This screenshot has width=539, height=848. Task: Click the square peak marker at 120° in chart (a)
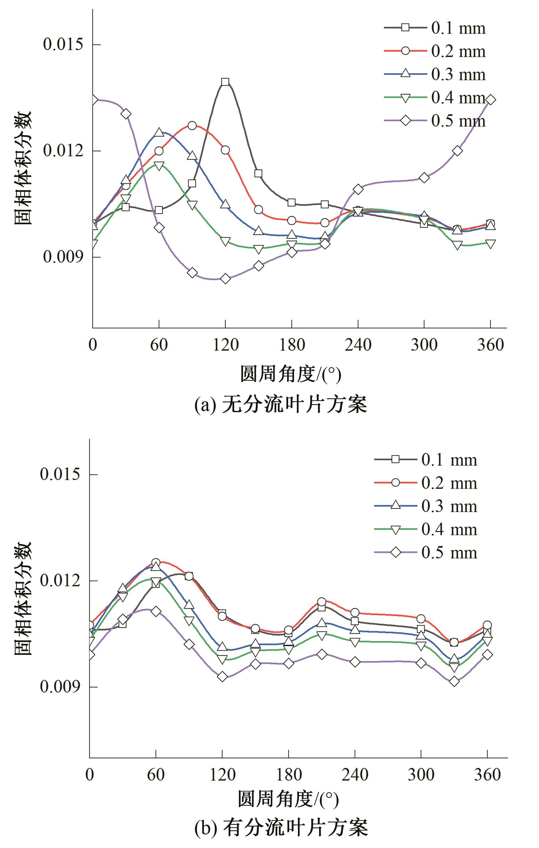[225, 82]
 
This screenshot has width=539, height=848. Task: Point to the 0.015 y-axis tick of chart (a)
[63, 45]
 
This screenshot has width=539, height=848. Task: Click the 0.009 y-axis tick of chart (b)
[60, 687]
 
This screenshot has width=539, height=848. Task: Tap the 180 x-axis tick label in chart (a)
[292, 345]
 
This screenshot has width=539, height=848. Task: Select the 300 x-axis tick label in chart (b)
[421, 774]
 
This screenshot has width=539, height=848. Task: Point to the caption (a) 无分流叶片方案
[280, 404]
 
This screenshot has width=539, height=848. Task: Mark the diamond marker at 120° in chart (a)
[225, 279]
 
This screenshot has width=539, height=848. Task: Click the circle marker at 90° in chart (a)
[192, 126]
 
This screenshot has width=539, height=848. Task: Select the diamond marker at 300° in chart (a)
[424, 178]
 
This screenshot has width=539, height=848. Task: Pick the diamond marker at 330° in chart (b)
[454, 681]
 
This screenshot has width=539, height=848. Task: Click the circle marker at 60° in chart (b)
[156, 563]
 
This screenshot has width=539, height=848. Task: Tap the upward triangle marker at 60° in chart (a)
[159, 132]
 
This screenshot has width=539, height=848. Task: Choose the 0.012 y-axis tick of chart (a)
[63, 151]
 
